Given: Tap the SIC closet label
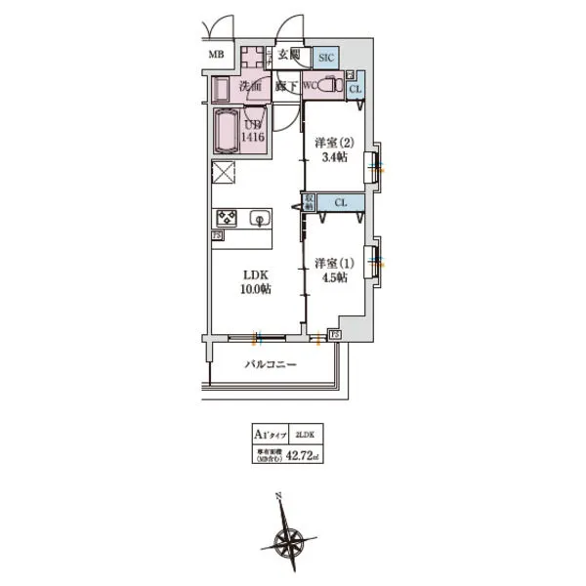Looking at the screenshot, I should tap(327, 58).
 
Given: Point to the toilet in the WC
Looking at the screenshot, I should tap(338, 86).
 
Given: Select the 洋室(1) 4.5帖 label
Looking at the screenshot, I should tap(332, 270).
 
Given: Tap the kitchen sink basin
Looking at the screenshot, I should tap(260, 218).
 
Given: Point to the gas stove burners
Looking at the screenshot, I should tap(227, 217).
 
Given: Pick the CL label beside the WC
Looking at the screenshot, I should tap(356, 90).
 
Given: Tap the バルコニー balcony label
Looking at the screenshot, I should tap(270, 364).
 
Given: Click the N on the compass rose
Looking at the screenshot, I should tap(279, 496).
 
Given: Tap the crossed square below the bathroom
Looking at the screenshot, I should tap(224, 174).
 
